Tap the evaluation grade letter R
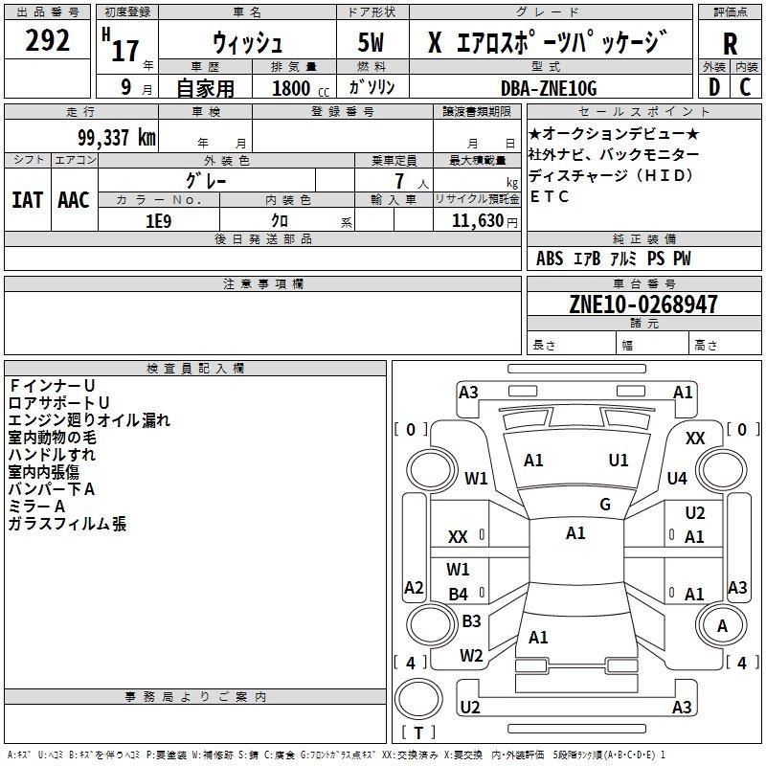pos(730,44)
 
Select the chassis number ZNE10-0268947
pos(643,305)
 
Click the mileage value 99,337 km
pos(109,138)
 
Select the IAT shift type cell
pos(27,199)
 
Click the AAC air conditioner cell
pos(73,199)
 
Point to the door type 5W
pos(372,44)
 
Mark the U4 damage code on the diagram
pos(678,478)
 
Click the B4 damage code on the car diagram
pos(459,595)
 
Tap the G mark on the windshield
pos(605,505)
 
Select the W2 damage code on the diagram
pos(471,656)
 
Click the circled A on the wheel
pos(722,625)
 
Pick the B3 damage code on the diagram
pos(471,621)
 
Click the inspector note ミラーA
pos(36,506)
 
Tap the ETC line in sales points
pos(549,196)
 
